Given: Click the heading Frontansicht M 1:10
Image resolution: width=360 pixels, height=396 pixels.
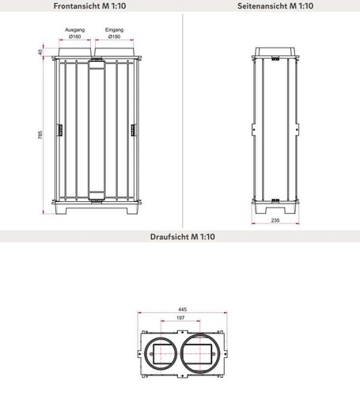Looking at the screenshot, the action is [89, 6].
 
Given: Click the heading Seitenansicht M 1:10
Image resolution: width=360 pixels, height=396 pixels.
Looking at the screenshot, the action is [275, 6].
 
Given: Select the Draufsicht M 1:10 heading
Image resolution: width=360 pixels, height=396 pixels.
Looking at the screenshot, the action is [183, 237].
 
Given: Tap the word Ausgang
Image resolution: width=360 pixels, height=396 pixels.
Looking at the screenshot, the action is [75, 30].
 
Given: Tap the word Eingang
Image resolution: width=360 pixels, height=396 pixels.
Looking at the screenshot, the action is [114, 30].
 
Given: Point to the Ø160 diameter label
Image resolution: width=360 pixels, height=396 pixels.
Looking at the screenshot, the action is [75, 36].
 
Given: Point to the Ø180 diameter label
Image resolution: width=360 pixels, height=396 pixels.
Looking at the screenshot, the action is [114, 36].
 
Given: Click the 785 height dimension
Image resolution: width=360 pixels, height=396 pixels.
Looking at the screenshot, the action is [40, 135].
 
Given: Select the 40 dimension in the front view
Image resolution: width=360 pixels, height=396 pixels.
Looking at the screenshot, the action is [40, 52].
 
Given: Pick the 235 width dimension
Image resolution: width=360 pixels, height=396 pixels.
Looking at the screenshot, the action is [275, 220].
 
